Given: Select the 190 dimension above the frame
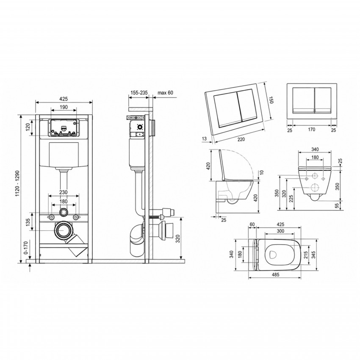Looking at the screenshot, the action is click(x=64, y=107).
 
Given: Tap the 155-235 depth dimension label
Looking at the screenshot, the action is click(x=139, y=93).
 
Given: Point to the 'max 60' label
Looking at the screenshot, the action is click(x=165, y=93).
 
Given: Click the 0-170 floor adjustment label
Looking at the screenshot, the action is click(x=26, y=247).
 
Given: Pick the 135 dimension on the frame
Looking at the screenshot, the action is click(x=28, y=222).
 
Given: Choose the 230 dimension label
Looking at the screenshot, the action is click(x=64, y=192).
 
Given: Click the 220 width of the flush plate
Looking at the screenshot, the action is click(x=241, y=139).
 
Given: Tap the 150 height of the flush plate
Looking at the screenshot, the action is click(x=271, y=100).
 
